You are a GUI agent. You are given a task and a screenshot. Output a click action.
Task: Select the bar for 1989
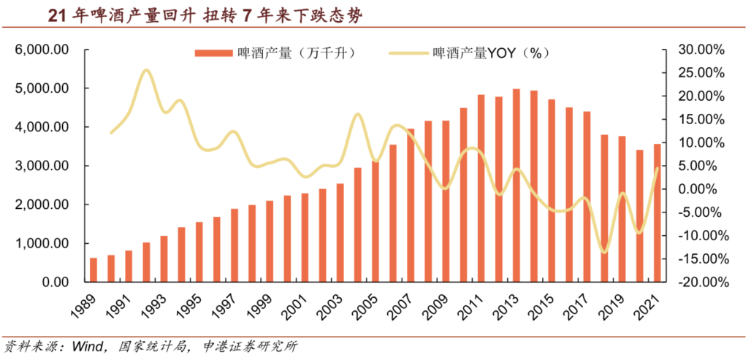click(x=94, y=269)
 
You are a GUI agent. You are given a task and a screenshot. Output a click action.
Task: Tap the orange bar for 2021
click(x=657, y=212)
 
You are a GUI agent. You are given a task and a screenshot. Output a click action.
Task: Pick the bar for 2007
click(x=410, y=205)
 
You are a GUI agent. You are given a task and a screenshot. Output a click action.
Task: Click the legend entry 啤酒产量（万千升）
click(x=274, y=53)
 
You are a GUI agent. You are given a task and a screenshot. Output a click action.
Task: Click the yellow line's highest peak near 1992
click(x=146, y=71)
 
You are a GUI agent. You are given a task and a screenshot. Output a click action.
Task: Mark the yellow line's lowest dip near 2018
click(x=603, y=252)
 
